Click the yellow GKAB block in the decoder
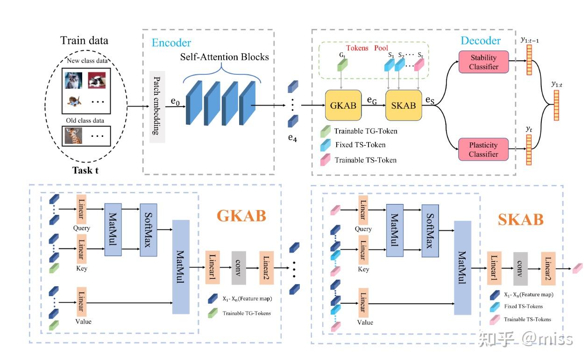pyautogui.click(x=343, y=105)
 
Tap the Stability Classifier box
pyautogui.click(x=483, y=62)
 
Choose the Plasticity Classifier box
pyautogui.click(x=483, y=149)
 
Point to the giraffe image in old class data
pyautogui.click(x=73, y=136)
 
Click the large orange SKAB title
pyautogui.click(x=520, y=219)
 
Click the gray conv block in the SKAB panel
pyautogui.click(x=520, y=269)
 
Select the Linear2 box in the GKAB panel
pyautogui.click(x=266, y=267)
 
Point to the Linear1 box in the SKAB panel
pyautogui.click(x=494, y=269)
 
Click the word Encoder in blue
pyautogui.click(x=171, y=43)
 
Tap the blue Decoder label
pyautogui.click(x=481, y=41)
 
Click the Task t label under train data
pyautogui.click(x=85, y=170)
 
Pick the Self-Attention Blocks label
pyautogui.click(x=225, y=57)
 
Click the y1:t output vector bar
pyautogui.click(x=556, y=106)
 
